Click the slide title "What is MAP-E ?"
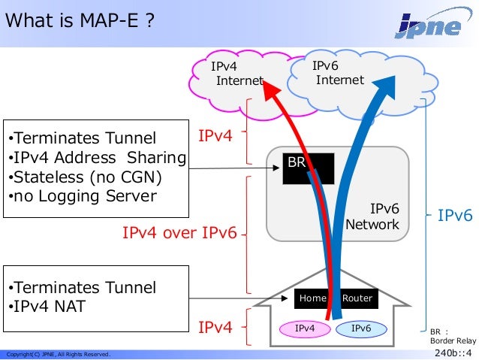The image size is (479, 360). (x=81, y=21)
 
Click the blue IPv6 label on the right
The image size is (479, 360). (x=455, y=216)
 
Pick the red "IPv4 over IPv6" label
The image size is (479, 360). (x=179, y=234)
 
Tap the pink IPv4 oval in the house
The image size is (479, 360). (x=304, y=328)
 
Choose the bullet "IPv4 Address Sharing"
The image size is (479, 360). (x=96, y=158)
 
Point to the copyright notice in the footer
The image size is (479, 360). (x=59, y=354)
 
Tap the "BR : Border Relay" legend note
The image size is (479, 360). (x=453, y=335)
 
